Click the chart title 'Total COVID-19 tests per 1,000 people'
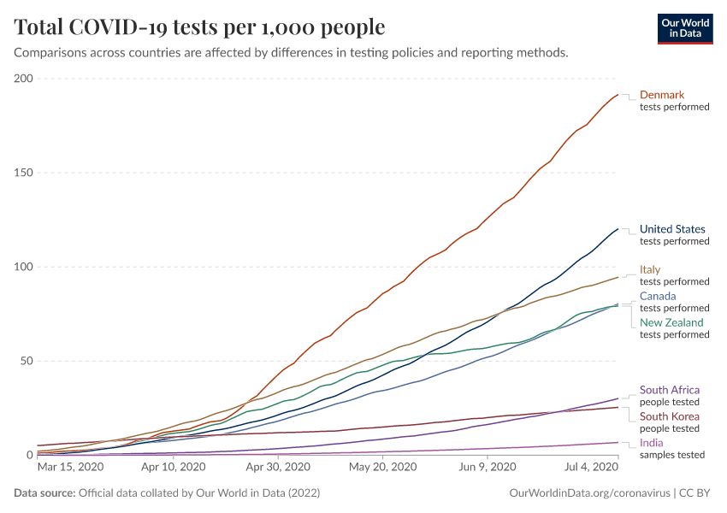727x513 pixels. pos(199,27)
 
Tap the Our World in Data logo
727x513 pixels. pos(684,28)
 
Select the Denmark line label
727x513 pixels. pos(662,95)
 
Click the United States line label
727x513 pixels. pos(672,229)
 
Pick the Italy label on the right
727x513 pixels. pos(650,269)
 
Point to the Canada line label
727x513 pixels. pos(658,296)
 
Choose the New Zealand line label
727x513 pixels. pos(671,322)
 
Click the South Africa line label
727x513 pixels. pos(670,390)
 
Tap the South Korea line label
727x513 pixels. pos(670,416)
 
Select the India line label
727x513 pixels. pos(650,443)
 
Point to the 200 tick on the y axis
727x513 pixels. pos(22,79)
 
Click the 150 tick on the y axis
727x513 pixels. pos(22,173)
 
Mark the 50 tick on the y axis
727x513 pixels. pos(26,361)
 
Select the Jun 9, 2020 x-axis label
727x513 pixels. pos(487,468)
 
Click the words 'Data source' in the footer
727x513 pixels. pos(44,493)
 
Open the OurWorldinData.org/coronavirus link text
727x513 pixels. pos(587,493)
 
